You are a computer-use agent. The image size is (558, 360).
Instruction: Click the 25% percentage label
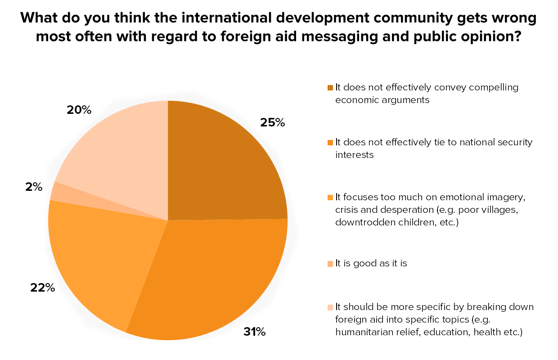coord(272,122)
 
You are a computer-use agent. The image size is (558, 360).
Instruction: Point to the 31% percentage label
coord(254,333)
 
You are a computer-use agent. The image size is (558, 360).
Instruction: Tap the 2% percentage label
coord(34,187)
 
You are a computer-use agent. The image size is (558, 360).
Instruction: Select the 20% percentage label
coord(80,110)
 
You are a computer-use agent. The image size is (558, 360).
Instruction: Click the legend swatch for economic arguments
coord(331,88)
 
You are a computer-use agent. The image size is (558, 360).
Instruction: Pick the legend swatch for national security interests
coord(331,143)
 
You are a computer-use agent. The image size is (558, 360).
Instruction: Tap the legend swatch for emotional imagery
coord(331,198)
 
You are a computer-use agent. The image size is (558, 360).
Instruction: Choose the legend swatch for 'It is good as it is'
coord(331,264)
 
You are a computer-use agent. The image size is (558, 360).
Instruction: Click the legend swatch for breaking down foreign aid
coord(331,307)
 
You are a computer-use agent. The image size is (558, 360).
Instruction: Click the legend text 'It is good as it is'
coord(371,263)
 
